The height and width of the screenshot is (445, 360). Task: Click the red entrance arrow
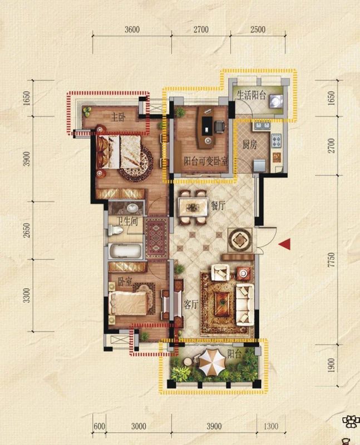click(285, 244)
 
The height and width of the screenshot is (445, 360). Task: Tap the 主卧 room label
click(119, 117)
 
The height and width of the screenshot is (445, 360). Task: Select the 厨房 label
click(250, 145)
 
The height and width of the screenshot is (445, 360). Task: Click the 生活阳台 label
click(251, 95)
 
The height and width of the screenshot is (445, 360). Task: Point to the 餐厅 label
click(218, 205)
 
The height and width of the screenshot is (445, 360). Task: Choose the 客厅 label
click(190, 304)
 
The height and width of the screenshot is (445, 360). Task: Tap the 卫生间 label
click(127, 221)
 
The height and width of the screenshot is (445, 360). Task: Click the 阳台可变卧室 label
click(206, 161)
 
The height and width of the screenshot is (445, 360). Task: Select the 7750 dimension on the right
click(331, 260)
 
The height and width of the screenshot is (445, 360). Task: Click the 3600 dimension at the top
click(132, 29)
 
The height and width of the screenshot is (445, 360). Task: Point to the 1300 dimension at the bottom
click(271, 426)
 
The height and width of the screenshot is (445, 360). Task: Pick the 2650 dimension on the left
click(26, 230)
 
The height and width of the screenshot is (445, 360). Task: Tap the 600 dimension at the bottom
click(99, 426)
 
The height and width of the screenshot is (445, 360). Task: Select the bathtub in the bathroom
click(125, 251)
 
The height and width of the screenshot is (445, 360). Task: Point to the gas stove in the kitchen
click(277, 140)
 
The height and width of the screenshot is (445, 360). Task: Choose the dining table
click(193, 207)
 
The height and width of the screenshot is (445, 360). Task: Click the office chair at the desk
click(220, 126)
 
